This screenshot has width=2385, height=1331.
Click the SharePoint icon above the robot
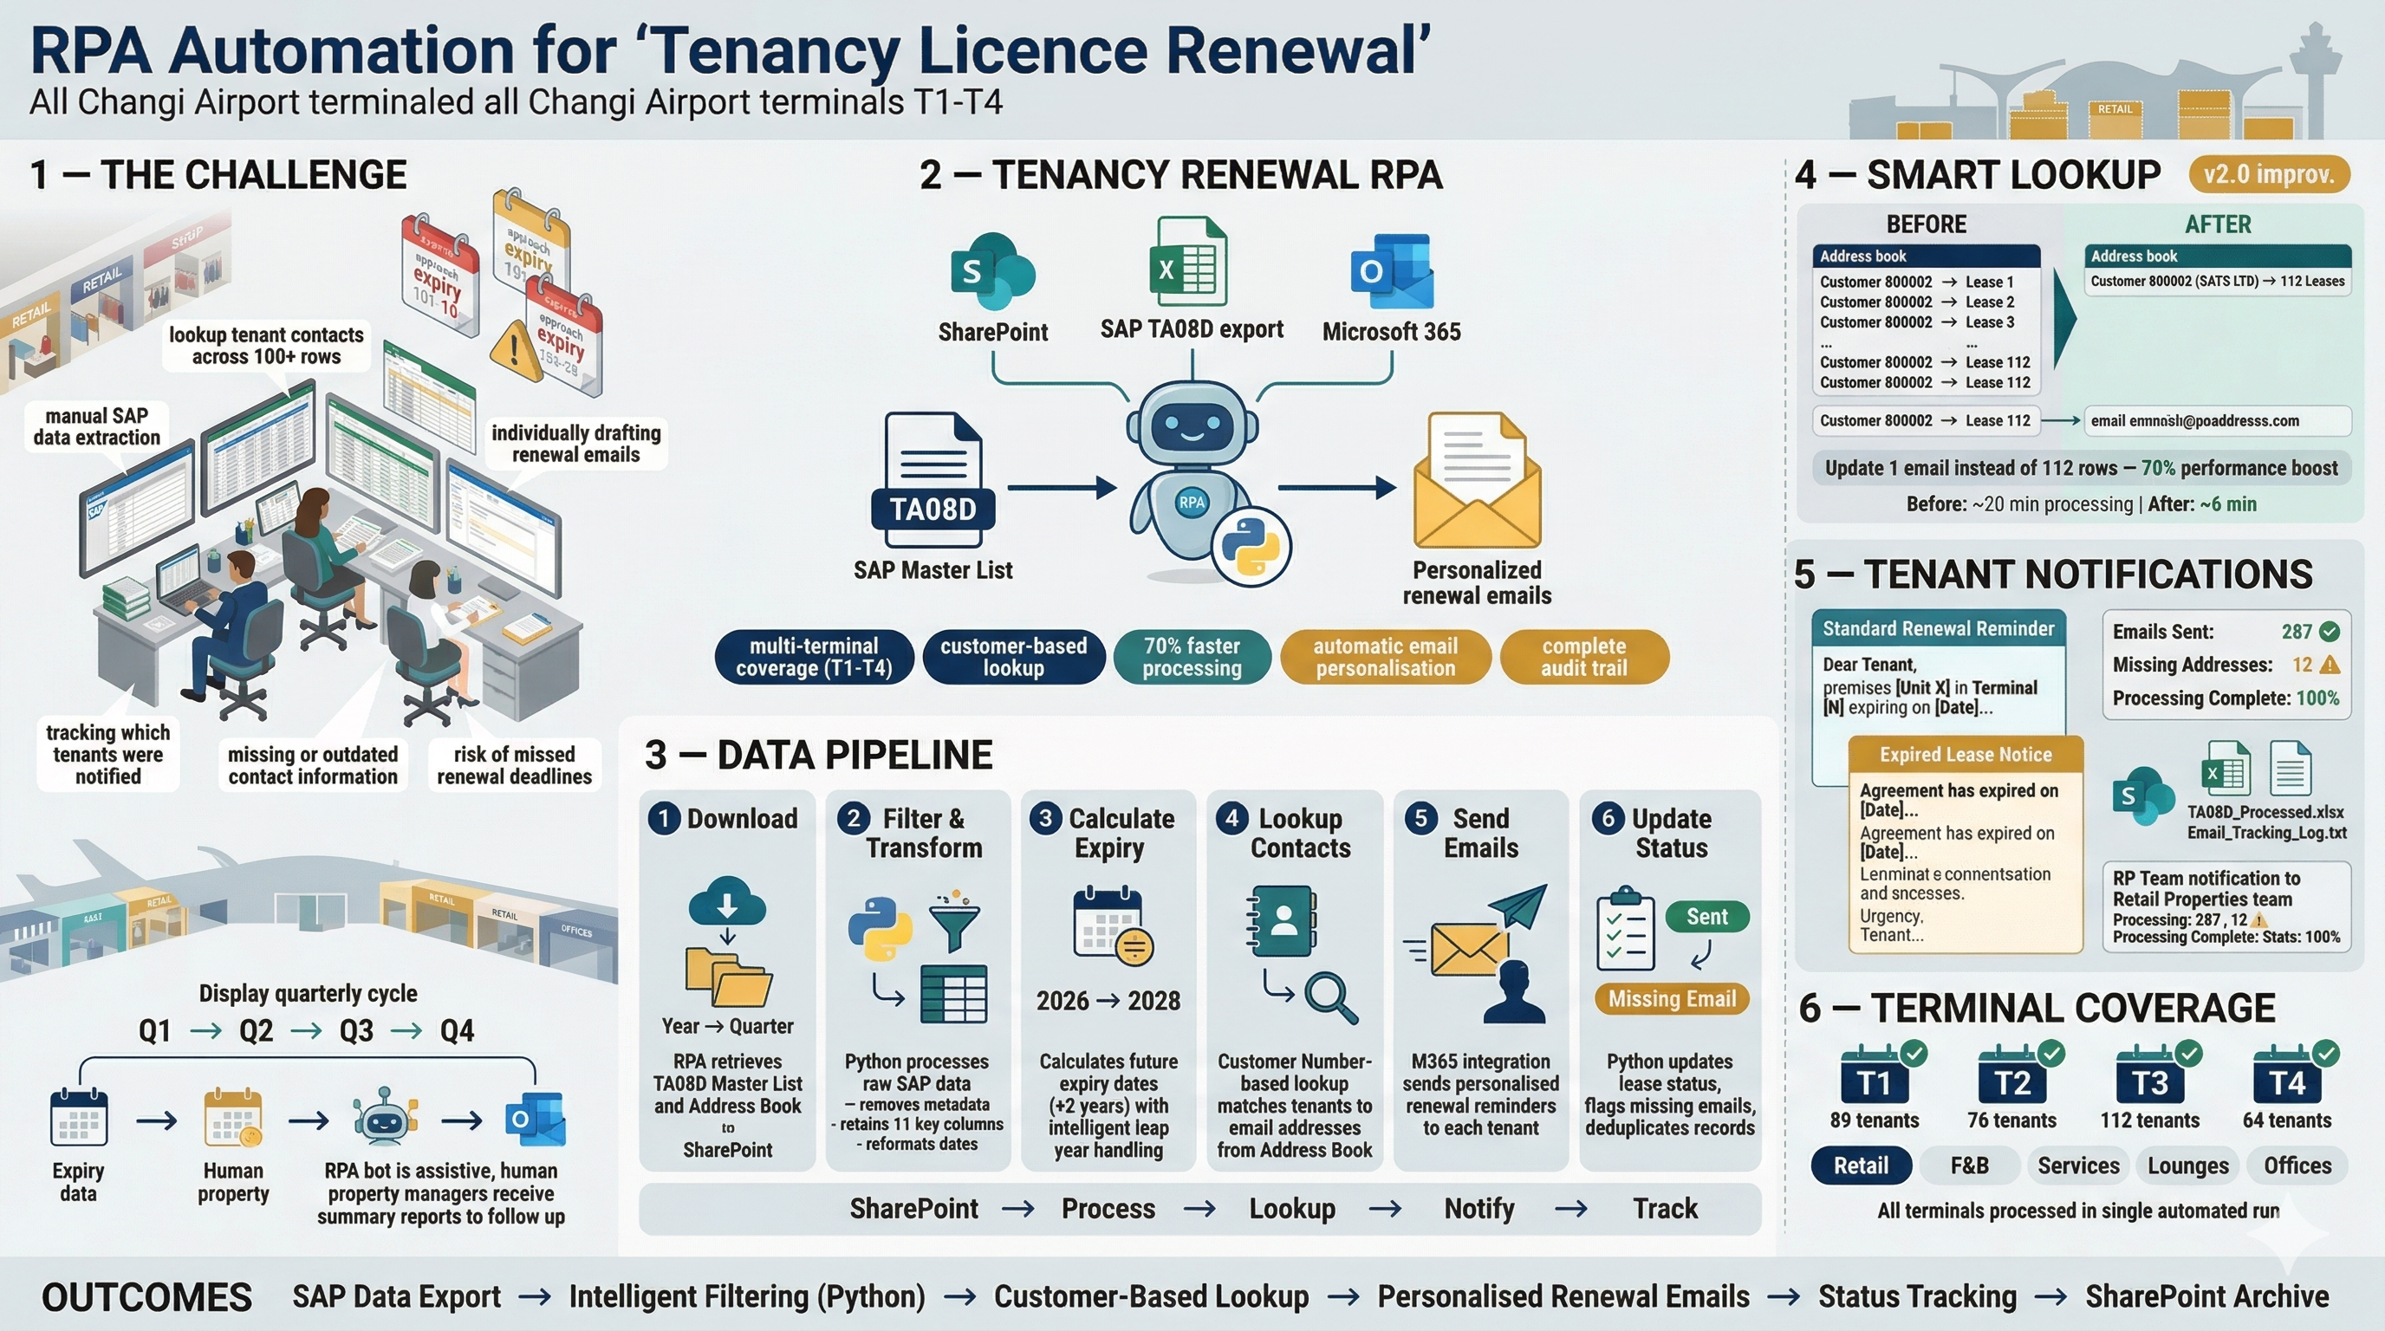pyautogui.click(x=991, y=271)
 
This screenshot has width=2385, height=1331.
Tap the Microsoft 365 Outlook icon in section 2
pyautogui.click(x=1391, y=271)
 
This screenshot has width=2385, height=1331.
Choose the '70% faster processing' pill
pyautogui.click(x=1192, y=657)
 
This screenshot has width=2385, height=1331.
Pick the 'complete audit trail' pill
pyautogui.click(x=1583, y=657)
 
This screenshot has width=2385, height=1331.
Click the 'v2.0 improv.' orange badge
pyautogui.click(x=2268, y=175)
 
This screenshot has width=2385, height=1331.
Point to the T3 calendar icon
pyautogui.click(x=2150, y=1077)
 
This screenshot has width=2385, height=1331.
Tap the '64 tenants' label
pyautogui.click(x=2286, y=1120)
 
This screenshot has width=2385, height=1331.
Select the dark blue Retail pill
pyautogui.click(x=1861, y=1165)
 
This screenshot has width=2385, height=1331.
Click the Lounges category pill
pyautogui.click(x=2187, y=1165)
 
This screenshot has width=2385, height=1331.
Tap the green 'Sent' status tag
pyautogui.click(x=1706, y=916)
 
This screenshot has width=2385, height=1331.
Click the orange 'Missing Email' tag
pyautogui.click(x=1671, y=999)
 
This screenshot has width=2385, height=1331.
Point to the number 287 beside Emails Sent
pyautogui.click(x=2296, y=631)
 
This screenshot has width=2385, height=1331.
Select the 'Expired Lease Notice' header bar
pyautogui.click(x=1965, y=755)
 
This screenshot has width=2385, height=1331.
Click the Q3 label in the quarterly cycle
pyautogui.click(x=356, y=1030)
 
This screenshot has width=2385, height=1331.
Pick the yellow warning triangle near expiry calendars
pyautogui.click(x=515, y=350)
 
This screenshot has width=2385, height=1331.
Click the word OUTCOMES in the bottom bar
pyautogui.click(x=146, y=1296)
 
